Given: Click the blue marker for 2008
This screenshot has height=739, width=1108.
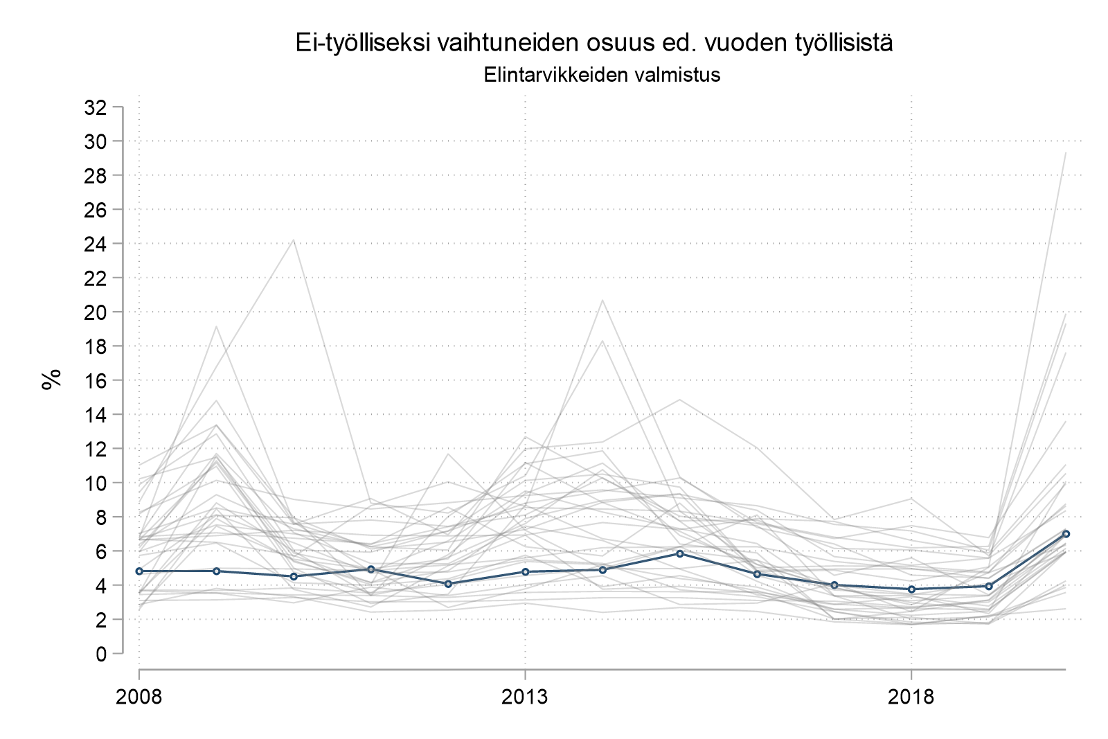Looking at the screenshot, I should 139,571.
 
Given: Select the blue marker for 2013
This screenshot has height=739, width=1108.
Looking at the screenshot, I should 526,572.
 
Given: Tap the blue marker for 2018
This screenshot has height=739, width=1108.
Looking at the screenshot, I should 911,589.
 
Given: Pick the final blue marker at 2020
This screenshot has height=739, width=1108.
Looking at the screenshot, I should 1066,534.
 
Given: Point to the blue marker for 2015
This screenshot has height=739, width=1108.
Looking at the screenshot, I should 680,553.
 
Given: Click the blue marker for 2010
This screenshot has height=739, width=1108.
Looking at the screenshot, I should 294,576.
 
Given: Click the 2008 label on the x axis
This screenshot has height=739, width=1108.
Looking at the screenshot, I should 139,696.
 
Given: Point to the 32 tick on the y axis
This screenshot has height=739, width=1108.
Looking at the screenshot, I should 95,107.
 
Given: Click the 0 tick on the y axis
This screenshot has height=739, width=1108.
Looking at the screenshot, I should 101,653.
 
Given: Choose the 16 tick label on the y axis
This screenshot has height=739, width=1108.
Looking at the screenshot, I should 95,380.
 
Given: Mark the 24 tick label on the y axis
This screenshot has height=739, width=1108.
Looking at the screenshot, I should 95,244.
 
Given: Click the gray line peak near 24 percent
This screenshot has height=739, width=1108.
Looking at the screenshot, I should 294,240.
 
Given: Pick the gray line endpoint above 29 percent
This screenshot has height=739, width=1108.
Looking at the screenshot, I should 1066,153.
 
